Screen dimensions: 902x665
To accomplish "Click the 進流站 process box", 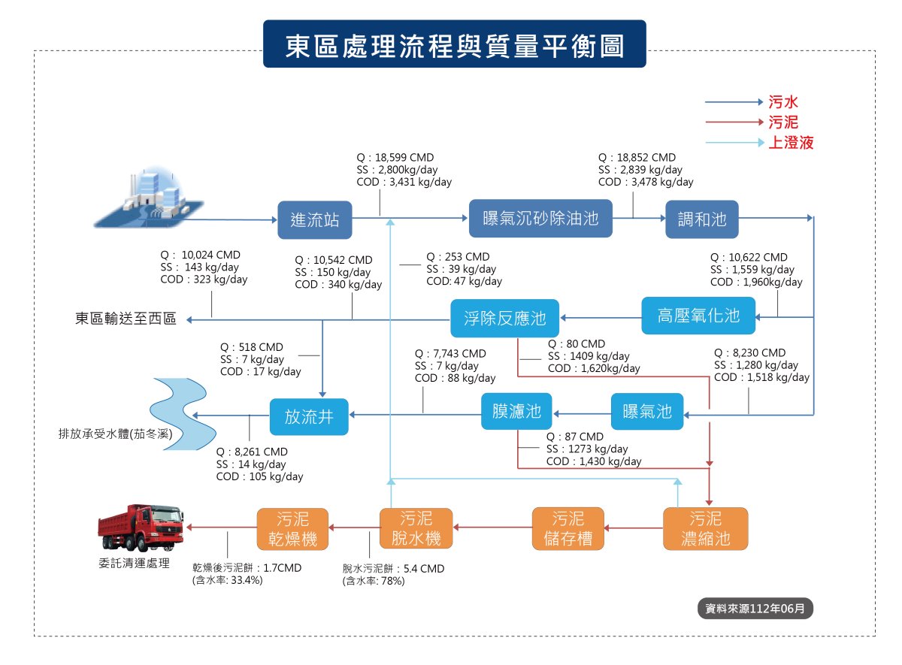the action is pos(314,219).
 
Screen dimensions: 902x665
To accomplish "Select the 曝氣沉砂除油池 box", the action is pos(540,218).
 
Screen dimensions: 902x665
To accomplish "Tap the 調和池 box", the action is pos(702,219).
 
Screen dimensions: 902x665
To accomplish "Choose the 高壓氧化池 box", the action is pos(698,316).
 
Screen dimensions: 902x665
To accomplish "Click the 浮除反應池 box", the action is pos(504,318).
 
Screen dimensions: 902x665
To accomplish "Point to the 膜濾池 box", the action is pos(516,411).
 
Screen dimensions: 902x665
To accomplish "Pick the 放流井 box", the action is pos(309,416).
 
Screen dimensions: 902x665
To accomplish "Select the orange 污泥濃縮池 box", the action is pos(706,528).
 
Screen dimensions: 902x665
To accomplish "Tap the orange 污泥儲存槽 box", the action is pos(568,528).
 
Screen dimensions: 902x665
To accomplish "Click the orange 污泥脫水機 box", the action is pos(416,528).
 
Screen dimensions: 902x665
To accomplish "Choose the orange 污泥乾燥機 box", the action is pos(292,528).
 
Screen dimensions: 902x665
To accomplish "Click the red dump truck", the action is pos(141,527).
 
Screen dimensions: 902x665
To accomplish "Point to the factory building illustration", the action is pos(150,197).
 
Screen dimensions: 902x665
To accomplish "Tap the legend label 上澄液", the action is pos(791,143).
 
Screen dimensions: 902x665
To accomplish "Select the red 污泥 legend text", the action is pos(782,122).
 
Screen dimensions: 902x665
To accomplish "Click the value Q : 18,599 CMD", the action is pos(395,157).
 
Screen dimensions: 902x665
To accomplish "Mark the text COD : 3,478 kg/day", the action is pos(646,182).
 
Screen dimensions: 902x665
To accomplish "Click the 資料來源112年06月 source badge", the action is pos(755,608).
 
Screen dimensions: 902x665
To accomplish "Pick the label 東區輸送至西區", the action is pos(126,319).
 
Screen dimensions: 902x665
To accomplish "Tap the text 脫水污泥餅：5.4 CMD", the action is pos(393,568).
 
